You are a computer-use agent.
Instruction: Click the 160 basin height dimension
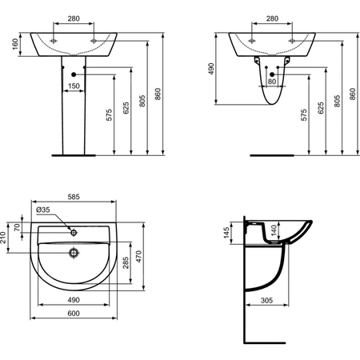point(15,44)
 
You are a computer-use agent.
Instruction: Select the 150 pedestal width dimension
point(74,86)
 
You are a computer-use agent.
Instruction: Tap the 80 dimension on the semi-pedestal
point(272,82)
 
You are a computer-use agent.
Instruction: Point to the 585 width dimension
point(74,197)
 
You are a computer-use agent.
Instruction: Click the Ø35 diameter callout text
point(43,210)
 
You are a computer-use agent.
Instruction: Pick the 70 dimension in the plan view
point(17,227)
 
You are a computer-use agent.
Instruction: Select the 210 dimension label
point(3,238)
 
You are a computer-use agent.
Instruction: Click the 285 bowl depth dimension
point(126,262)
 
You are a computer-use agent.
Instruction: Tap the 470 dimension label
point(139,256)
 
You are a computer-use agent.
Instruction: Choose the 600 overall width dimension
point(74,314)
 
